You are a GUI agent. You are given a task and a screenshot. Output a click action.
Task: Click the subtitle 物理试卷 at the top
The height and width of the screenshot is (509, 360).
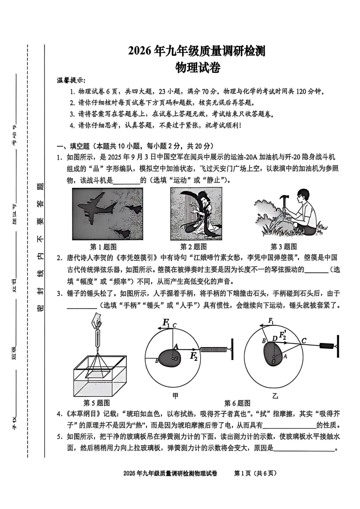[198, 68]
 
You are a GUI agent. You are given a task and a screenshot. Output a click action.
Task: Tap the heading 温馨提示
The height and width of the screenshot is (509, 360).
[71, 80]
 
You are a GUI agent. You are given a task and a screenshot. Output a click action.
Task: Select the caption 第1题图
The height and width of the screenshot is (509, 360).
[103, 247]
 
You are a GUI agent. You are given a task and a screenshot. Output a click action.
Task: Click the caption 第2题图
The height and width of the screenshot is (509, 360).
[193, 247]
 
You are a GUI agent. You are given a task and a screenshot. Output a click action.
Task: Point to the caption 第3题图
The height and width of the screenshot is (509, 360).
[283, 247]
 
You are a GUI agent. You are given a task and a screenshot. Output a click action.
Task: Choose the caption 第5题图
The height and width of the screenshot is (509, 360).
[96, 403]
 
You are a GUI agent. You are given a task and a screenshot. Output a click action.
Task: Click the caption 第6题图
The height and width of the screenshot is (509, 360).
[237, 403]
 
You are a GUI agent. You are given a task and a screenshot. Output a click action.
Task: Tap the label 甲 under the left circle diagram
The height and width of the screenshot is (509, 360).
[175, 396]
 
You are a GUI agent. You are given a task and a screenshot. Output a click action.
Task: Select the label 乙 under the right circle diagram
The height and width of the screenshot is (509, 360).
[275, 396]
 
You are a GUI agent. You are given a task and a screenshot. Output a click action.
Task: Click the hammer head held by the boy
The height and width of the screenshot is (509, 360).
[285, 199]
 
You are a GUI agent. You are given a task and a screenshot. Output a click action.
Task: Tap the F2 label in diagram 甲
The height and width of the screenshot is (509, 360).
[194, 356]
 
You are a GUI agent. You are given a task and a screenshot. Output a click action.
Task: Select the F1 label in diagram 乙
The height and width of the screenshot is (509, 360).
[271, 321]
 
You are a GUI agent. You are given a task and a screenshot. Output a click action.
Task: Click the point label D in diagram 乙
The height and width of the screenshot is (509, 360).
[274, 339]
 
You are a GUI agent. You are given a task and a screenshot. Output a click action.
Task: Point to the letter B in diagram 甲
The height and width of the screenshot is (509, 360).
[157, 361]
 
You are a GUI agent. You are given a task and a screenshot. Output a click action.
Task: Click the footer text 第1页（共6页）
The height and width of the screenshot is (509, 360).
[255, 473]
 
